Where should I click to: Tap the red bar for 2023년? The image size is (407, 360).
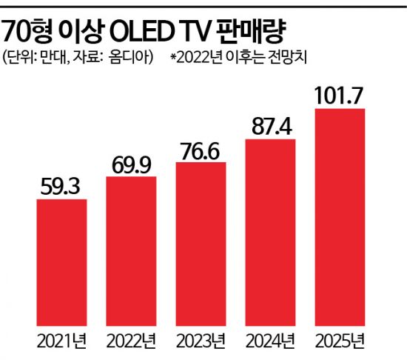tap(201, 243)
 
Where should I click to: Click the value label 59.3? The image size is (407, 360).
tap(61, 186)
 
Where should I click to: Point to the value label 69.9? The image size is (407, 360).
tap(131, 164)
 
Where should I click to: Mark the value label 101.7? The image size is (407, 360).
tap(340, 96)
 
